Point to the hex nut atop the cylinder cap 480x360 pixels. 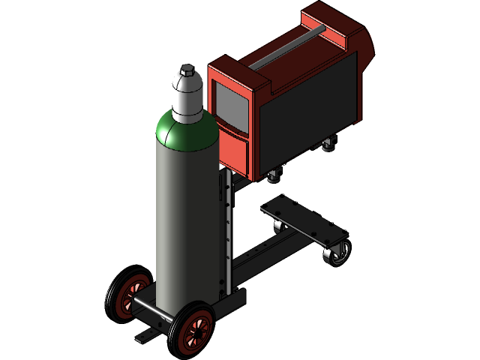187,71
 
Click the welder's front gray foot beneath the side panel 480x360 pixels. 274,177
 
